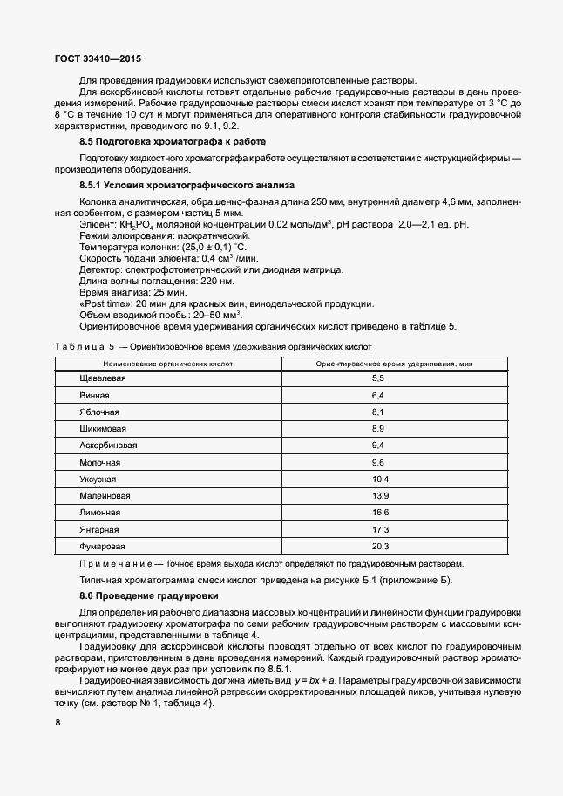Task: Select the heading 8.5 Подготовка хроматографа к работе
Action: click(173, 140)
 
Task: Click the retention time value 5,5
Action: click(378, 378)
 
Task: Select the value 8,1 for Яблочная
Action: click(378, 412)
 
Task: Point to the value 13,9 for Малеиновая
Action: click(379, 496)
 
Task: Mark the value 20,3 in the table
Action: click(379, 547)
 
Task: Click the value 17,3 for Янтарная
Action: click(379, 530)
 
